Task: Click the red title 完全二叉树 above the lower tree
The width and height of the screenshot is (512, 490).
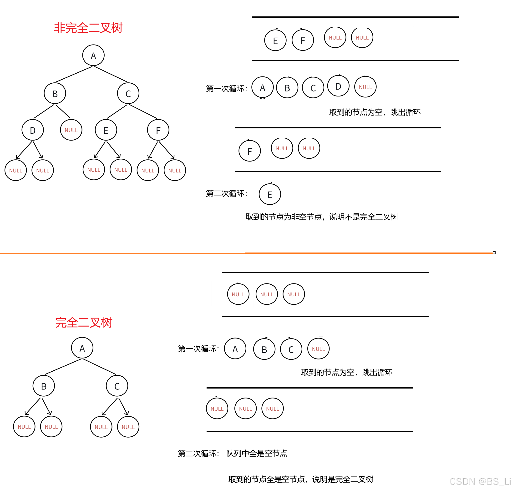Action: coord(84,323)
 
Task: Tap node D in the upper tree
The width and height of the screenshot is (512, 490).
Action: coord(33,130)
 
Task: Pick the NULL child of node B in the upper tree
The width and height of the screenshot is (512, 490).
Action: coord(71,130)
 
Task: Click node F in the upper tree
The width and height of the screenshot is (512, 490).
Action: coord(158,130)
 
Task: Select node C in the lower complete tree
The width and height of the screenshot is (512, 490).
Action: coord(117,386)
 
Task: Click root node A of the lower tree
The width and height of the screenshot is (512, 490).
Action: coord(82,348)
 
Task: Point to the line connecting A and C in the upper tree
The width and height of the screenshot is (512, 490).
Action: coord(111,74)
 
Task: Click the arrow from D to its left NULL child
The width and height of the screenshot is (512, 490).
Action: coord(24,150)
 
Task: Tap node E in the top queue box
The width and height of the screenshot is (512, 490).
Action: coord(275,40)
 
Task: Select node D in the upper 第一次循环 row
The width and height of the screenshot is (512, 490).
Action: coord(338,86)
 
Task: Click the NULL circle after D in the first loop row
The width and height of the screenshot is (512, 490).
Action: coord(365,87)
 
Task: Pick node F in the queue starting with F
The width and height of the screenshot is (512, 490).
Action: coord(250,151)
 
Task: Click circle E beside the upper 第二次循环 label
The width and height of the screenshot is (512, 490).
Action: coord(270,194)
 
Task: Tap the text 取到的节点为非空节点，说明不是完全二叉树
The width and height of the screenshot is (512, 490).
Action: coord(322,217)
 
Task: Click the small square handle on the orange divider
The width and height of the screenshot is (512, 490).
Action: coord(494,253)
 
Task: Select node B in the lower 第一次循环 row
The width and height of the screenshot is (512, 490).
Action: coord(264,349)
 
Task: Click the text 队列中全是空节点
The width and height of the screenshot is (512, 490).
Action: coord(257,453)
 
